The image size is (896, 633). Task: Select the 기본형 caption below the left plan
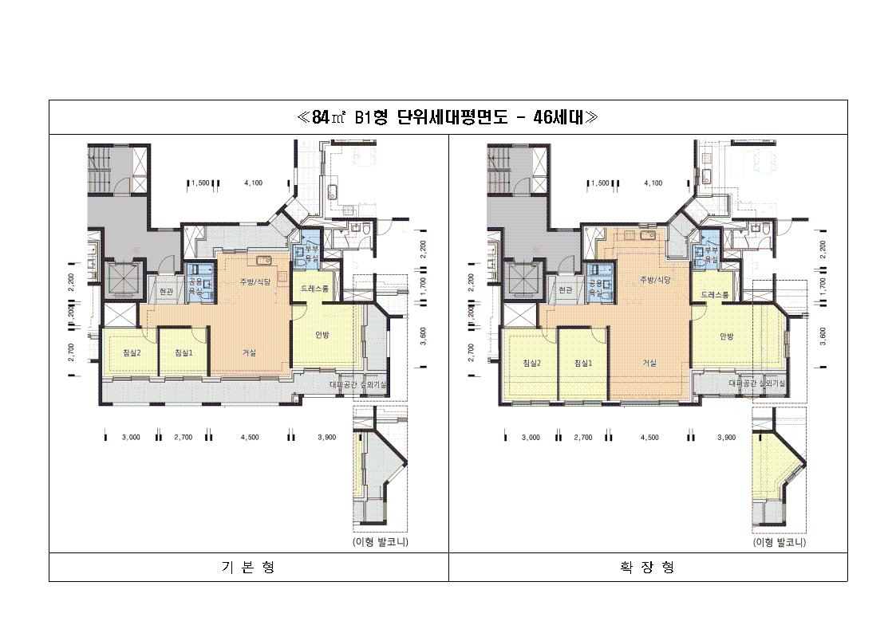pos(248,567)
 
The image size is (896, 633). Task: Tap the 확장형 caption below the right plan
pos(647,567)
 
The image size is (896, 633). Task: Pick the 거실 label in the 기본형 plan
pos(249,353)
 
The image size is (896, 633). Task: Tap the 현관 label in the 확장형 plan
pos(566,290)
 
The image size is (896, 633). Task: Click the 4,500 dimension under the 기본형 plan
pos(250,437)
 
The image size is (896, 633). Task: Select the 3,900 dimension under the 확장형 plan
pos(725,437)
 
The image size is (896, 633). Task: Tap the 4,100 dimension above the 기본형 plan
pos(253,183)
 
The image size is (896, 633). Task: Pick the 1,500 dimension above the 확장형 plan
pos(600,183)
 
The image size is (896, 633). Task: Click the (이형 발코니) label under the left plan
pos(380,542)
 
